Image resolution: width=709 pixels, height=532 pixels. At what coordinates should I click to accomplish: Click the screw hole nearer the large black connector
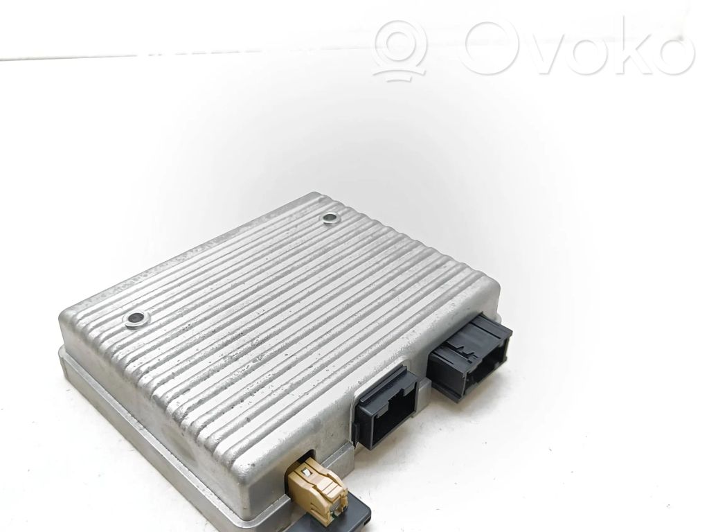(330, 218)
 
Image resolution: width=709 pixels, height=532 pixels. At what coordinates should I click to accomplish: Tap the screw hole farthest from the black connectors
(136, 320)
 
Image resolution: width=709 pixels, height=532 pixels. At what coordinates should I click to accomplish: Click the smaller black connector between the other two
(386, 407)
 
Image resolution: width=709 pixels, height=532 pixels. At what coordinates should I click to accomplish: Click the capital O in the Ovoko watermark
(493, 46)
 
